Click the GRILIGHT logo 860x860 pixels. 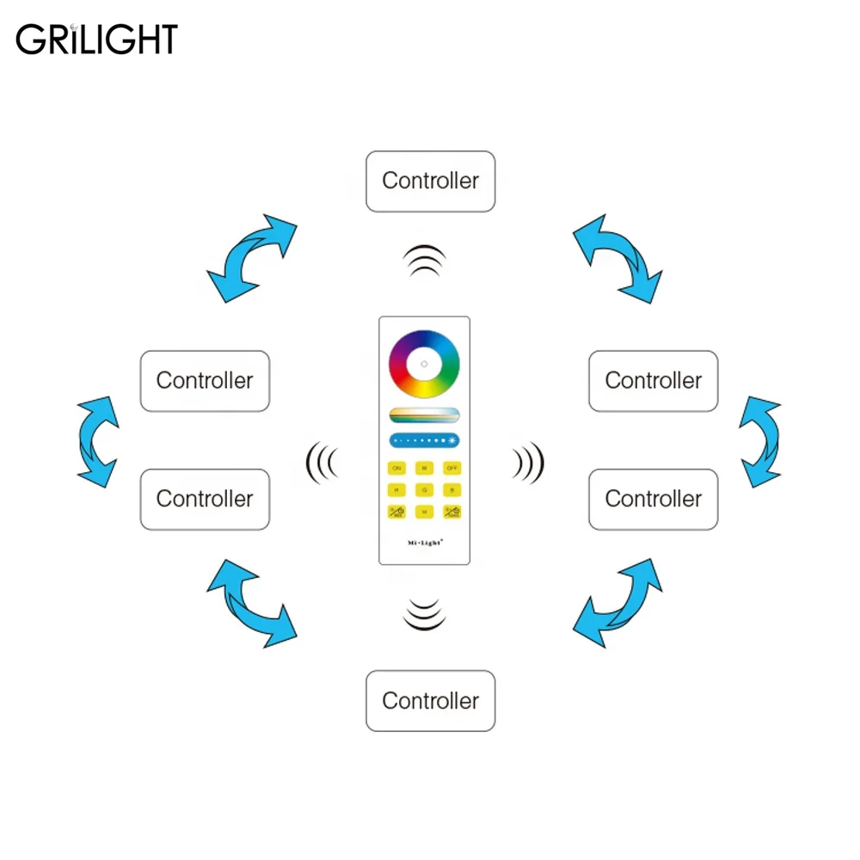point(96,40)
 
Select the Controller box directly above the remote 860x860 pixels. point(430,181)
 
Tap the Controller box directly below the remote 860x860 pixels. point(430,701)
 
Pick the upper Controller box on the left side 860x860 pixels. point(205,381)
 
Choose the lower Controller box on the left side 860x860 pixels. point(205,499)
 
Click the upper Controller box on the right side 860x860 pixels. point(653,381)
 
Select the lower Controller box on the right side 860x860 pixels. point(653,499)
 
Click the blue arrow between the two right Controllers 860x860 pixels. point(761,441)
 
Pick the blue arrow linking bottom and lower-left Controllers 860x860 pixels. point(250,603)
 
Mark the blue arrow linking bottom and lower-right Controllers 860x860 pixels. point(618,602)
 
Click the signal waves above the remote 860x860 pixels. point(425,261)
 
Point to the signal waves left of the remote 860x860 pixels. point(322,463)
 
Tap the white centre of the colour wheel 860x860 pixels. point(424,364)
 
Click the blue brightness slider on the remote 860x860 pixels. point(424,440)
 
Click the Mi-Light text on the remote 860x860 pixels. point(424,543)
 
